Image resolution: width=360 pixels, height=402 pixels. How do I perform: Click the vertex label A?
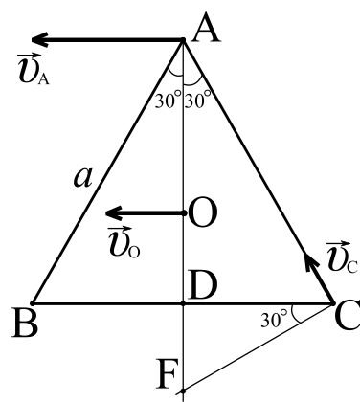pyautogui.click(x=206, y=28)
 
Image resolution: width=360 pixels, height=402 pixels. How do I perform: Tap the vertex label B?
pyautogui.click(x=25, y=323)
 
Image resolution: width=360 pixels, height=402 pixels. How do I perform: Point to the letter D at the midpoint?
pyautogui.click(x=202, y=285)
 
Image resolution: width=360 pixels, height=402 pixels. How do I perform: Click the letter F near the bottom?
pyautogui.click(x=166, y=373)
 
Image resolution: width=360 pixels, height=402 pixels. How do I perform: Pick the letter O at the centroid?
pyautogui.click(x=203, y=212)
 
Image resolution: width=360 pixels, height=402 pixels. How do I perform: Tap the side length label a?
pyautogui.click(x=83, y=177)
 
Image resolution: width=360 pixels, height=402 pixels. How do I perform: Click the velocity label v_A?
pyautogui.click(x=34, y=69)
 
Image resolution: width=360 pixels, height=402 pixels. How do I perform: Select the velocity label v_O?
pyautogui.click(x=124, y=242)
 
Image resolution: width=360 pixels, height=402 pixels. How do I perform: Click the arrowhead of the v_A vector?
pyautogui.click(x=39, y=39)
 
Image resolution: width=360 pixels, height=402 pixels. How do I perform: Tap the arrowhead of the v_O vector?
pyautogui.click(x=114, y=212)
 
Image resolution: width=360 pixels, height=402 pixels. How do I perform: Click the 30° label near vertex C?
pyautogui.click(x=274, y=320)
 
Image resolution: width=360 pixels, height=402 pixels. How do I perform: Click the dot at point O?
pyautogui.click(x=184, y=212)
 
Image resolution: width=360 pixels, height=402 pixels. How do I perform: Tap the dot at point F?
pyautogui.click(x=183, y=391)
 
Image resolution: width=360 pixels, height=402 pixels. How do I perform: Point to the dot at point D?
pyautogui.click(x=183, y=303)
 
